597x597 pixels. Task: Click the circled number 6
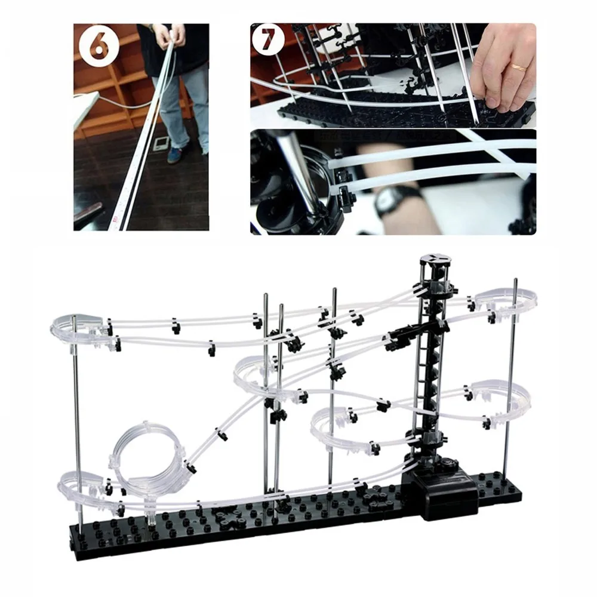pyautogui.click(x=99, y=48)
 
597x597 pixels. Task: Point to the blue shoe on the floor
pyautogui.click(x=177, y=153)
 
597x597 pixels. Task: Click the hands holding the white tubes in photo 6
pyautogui.click(x=171, y=36)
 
